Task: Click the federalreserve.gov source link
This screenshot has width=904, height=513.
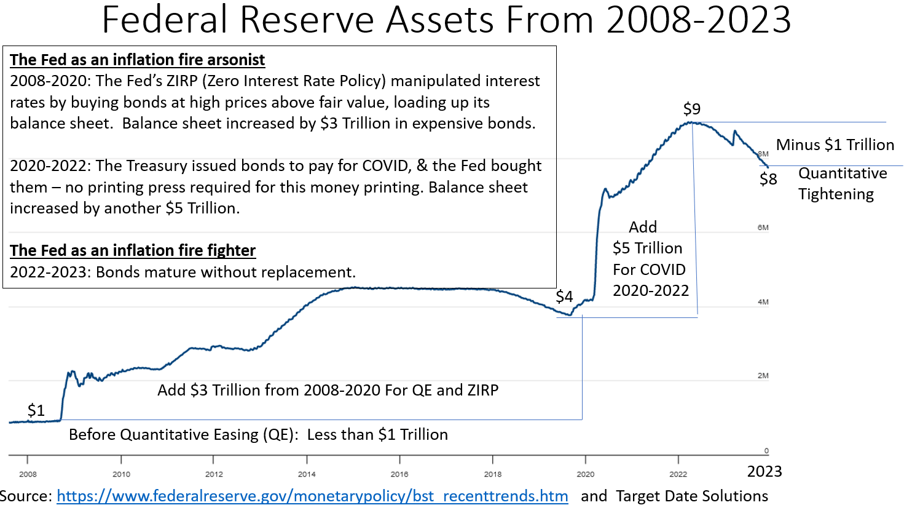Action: click(312, 496)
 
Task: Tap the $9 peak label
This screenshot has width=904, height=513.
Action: click(692, 109)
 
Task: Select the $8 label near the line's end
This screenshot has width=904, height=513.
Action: click(768, 179)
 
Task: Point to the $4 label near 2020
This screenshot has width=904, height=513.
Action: click(564, 296)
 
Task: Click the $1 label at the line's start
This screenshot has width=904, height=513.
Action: click(36, 410)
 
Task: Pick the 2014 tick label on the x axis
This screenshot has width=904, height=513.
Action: click(307, 474)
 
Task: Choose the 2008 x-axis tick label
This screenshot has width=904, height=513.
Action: click(28, 474)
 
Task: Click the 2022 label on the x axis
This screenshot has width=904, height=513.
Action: click(678, 474)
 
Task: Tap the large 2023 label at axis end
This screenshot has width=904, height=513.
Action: click(764, 472)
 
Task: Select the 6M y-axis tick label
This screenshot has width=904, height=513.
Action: click(763, 228)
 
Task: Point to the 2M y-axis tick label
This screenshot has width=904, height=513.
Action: click(763, 376)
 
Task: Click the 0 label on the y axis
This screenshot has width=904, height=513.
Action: click(766, 451)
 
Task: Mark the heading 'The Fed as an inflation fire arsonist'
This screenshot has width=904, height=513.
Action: click(137, 60)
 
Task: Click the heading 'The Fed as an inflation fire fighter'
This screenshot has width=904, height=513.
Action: click(133, 250)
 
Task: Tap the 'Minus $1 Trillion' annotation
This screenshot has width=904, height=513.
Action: click(835, 145)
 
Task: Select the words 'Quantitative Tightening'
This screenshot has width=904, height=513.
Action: click(842, 183)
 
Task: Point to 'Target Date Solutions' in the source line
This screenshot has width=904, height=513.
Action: click(692, 496)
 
